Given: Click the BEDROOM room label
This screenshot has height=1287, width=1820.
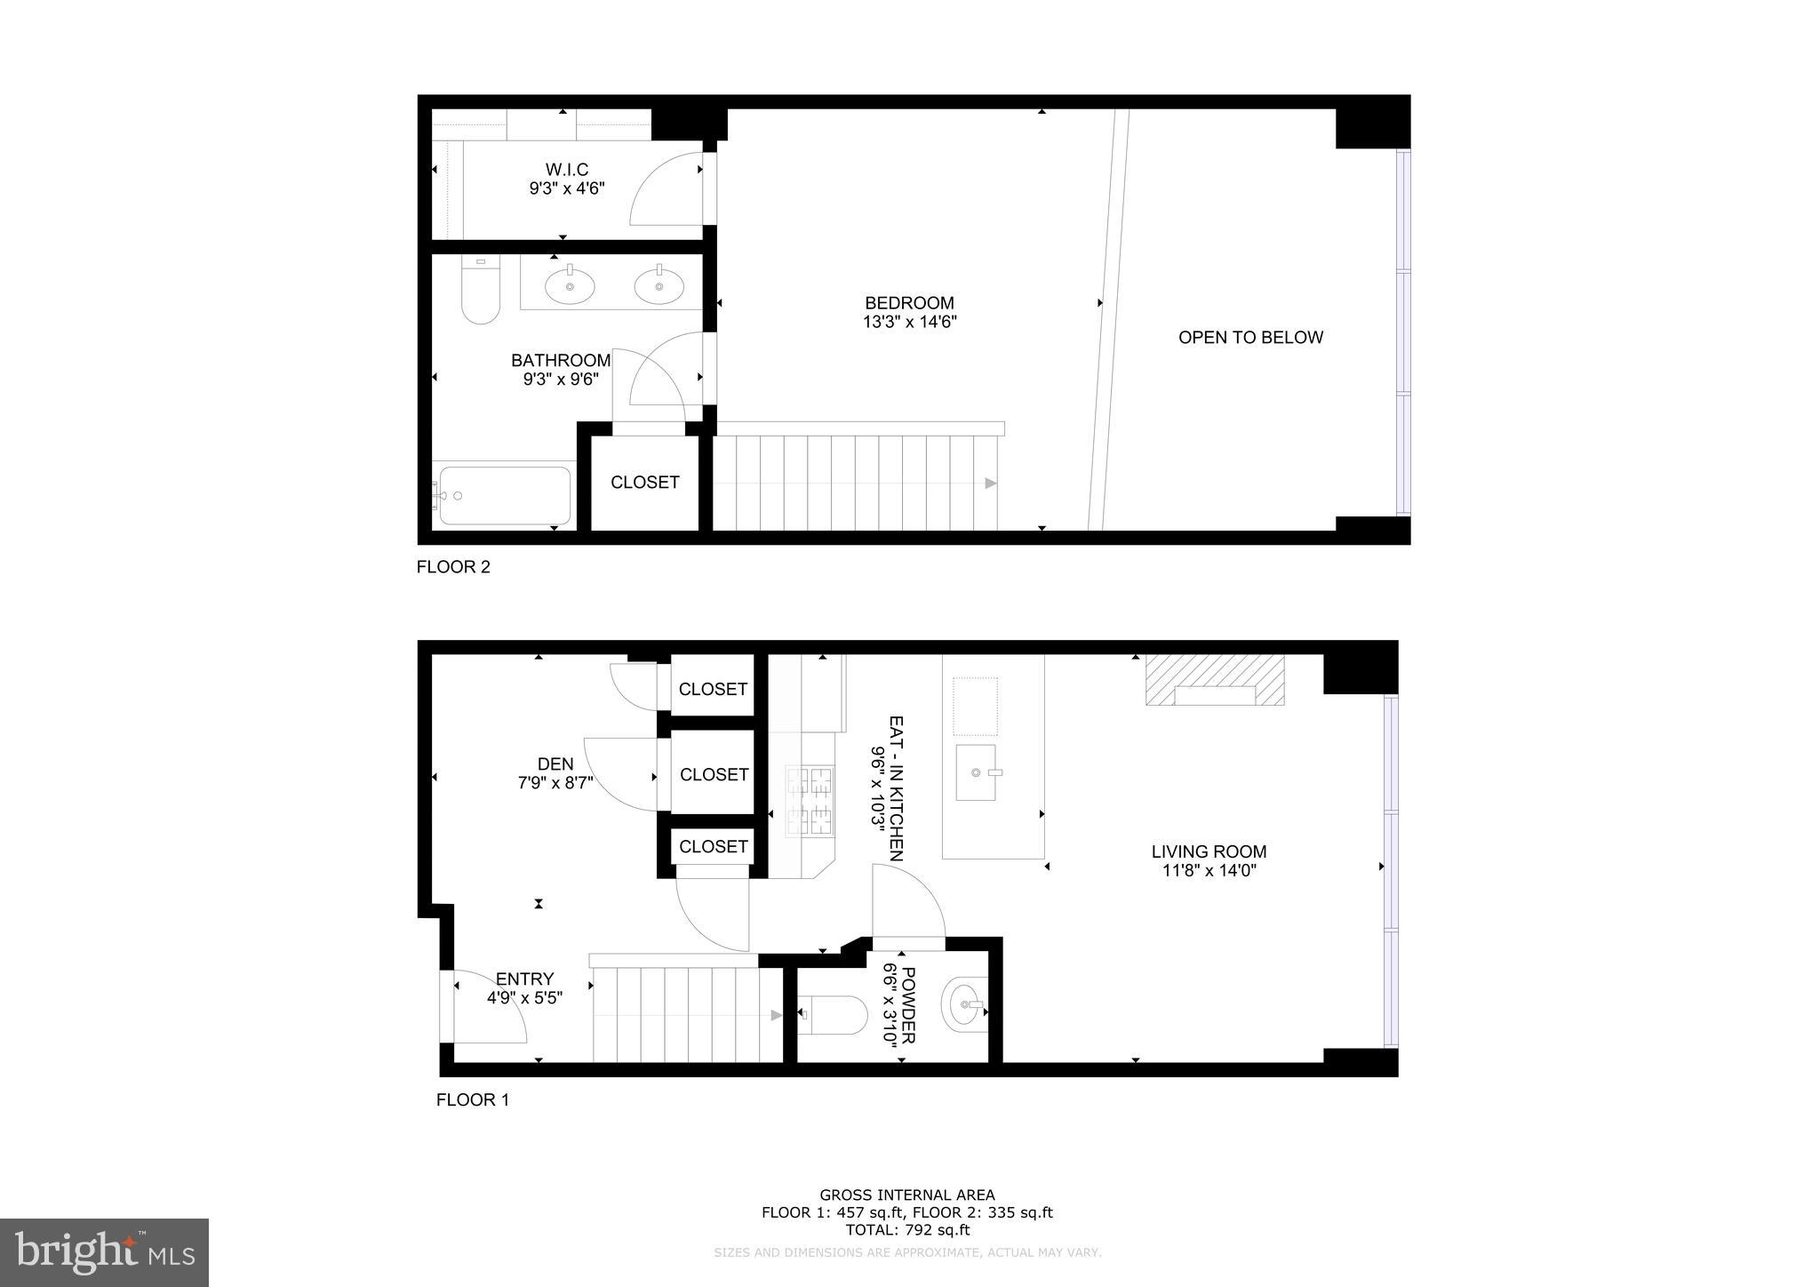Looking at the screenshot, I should click(909, 303).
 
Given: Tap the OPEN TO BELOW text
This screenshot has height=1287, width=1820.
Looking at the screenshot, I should click(1250, 338).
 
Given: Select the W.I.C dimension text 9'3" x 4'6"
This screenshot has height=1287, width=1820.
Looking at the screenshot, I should click(566, 188).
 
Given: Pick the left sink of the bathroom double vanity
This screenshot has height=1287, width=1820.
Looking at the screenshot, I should click(570, 286).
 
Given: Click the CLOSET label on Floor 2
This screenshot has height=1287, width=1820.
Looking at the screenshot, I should click(644, 483).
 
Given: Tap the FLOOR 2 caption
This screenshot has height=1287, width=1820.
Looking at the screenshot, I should click(453, 567).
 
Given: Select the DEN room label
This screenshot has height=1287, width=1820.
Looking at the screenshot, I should click(555, 764).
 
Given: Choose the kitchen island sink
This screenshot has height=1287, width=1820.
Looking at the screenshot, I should click(975, 773).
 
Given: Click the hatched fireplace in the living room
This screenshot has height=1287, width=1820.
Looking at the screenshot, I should click(1214, 681).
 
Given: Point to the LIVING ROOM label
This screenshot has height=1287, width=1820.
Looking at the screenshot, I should click(1209, 851).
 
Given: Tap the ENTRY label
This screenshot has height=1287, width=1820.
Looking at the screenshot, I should click(524, 979).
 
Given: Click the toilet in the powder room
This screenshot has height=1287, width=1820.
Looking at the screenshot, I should click(834, 1014).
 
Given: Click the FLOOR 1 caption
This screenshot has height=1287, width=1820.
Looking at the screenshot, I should click(472, 1100).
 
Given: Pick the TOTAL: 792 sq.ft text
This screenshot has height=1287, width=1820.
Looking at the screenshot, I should click(906, 1231).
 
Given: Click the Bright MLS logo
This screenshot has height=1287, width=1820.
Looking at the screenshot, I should click(104, 1252).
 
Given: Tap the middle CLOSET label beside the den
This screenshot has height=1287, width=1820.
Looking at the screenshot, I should click(714, 775).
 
